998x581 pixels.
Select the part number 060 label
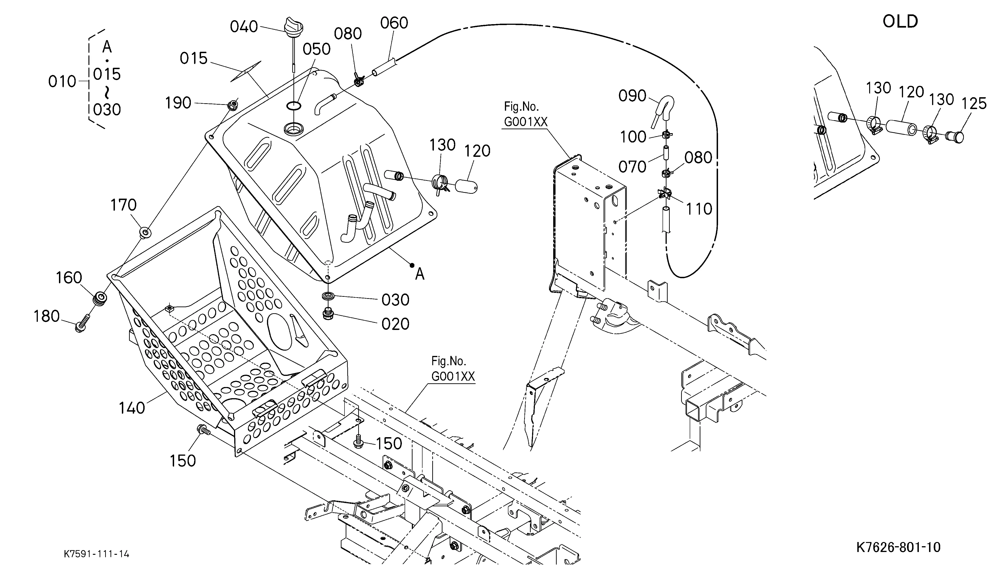394,23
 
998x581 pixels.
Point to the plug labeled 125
955,137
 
